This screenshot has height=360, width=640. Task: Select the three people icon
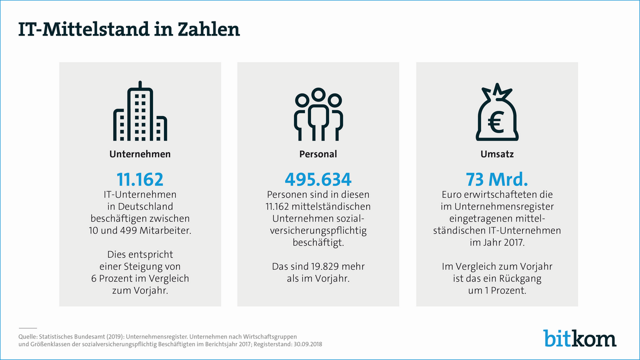click(318, 114)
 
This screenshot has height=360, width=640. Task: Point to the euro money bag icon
click(496, 114)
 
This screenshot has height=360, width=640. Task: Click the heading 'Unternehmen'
click(140, 154)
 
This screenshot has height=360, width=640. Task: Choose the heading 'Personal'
click(318, 154)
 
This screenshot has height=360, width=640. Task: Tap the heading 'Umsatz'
click(496, 154)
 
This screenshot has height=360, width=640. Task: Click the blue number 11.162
click(140, 179)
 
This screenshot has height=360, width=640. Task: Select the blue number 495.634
click(318, 179)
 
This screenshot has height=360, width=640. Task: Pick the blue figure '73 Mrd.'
click(496, 179)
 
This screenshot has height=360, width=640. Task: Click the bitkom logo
click(580, 338)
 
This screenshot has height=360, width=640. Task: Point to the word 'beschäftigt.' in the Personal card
click(318, 242)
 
